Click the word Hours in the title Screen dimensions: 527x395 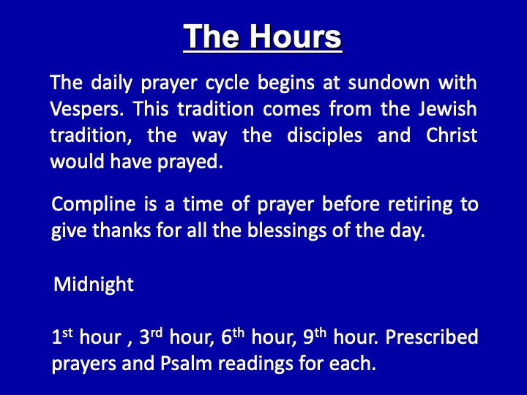[296, 37]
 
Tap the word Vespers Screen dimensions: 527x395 [86, 110]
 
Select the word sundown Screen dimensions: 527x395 [389, 83]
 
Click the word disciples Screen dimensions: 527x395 [324, 136]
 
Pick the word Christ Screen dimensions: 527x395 [452, 135]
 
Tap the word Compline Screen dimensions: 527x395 [94, 205]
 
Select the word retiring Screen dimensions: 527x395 [420, 205]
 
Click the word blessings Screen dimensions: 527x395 [287, 231]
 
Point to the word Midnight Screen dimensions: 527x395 [94, 285]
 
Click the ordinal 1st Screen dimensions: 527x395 [62, 336]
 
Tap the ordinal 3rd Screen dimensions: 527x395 [151, 336]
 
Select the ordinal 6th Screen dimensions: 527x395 [233, 336]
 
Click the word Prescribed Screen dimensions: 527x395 [432, 337]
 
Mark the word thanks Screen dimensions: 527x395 [122, 230]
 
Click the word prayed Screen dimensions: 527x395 [190, 162]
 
